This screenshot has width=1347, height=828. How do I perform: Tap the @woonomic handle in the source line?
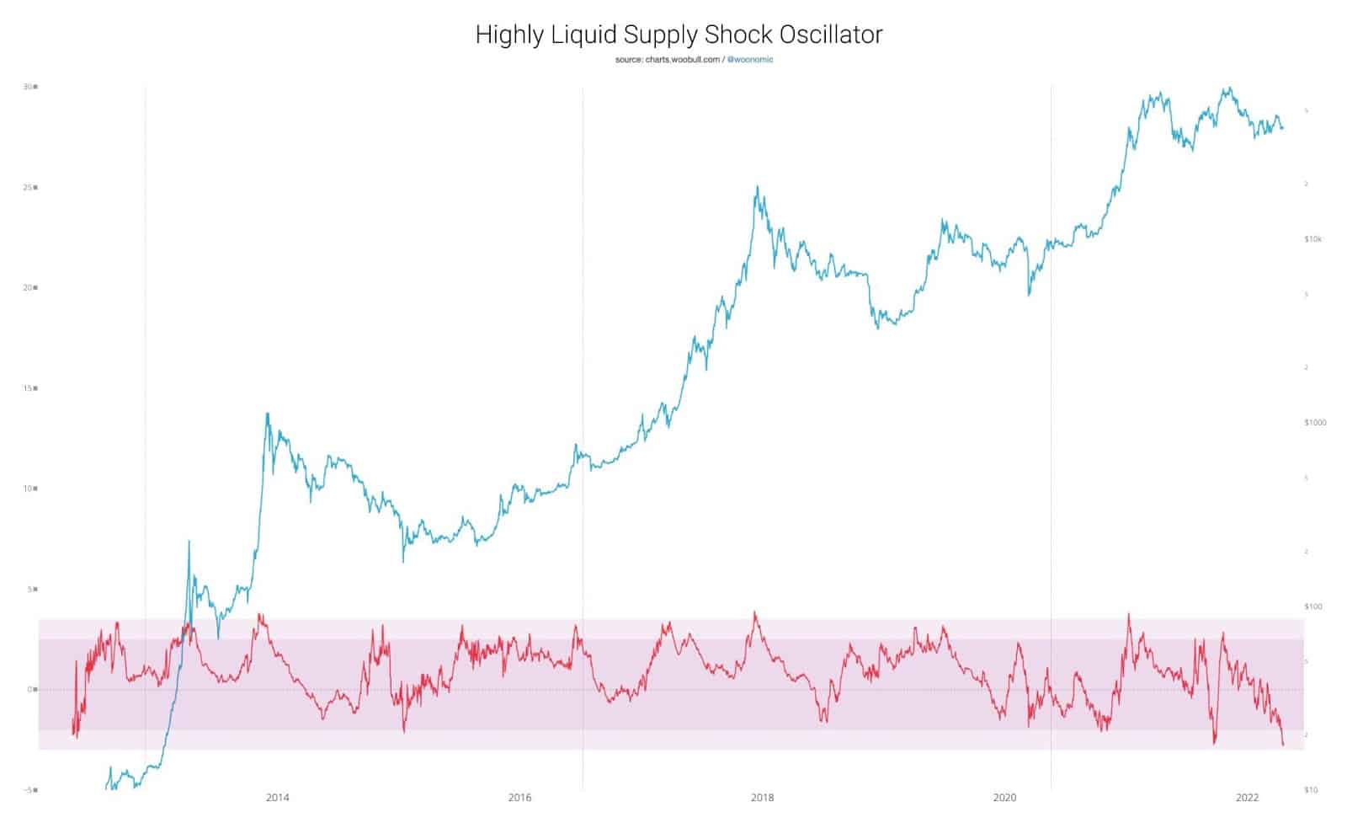pyautogui.click(x=749, y=60)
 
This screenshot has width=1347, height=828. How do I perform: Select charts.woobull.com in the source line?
pyautogui.click(x=682, y=60)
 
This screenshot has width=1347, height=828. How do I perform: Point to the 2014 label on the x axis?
pyautogui.click(x=277, y=798)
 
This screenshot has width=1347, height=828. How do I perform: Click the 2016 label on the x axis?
pyautogui.click(x=519, y=798)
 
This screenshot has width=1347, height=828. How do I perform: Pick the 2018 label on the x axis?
pyautogui.click(x=762, y=798)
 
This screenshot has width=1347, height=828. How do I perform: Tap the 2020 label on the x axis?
pyautogui.click(x=1004, y=798)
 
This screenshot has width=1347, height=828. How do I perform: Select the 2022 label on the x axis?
pyautogui.click(x=1247, y=798)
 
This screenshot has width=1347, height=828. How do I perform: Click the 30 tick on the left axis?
pyautogui.click(x=29, y=87)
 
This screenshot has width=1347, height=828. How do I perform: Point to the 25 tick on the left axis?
pyautogui.click(x=29, y=187)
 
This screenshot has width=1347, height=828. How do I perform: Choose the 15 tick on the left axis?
pyautogui.click(x=29, y=388)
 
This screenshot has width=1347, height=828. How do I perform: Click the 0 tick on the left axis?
pyautogui.click(x=30, y=689)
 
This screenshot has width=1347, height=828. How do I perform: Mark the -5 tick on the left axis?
pyautogui.click(x=29, y=789)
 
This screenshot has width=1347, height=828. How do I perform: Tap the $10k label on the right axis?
pyautogui.click(x=1312, y=239)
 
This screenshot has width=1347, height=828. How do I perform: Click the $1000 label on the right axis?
pyautogui.click(x=1314, y=422)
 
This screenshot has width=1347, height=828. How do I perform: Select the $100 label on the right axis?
pyautogui.click(x=1312, y=606)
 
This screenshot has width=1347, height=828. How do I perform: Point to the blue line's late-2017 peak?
pyautogui.click(x=757, y=187)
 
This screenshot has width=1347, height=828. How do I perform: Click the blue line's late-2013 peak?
pyautogui.click(x=268, y=414)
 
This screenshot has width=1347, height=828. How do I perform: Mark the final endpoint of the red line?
pyautogui.click(x=1283, y=745)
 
